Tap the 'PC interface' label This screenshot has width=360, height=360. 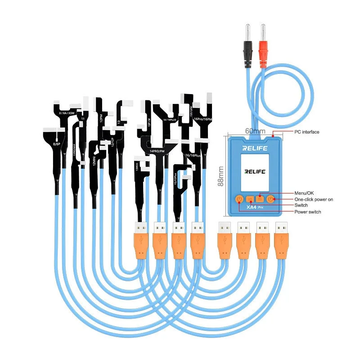point(306,132)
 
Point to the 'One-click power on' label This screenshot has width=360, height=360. point(314,199)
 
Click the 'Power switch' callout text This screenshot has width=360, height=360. point(307,212)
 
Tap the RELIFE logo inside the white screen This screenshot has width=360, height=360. point(254,171)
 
